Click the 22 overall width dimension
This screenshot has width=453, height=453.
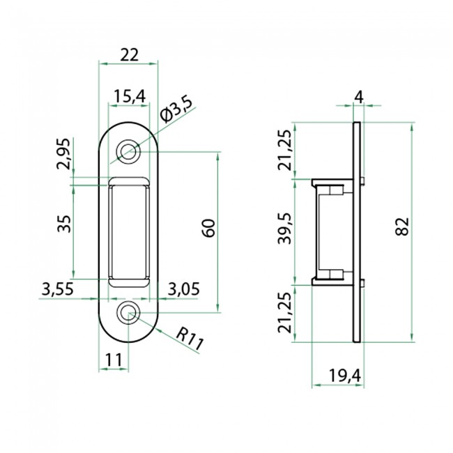[128, 54]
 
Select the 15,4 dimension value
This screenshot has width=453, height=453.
[128, 95]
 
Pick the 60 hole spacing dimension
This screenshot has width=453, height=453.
[208, 227]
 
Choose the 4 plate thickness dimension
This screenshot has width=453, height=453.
[358, 96]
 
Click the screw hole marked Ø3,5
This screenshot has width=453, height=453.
[128, 151]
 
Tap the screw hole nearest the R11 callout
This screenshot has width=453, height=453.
[128, 314]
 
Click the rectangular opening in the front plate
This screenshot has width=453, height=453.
[128, 232]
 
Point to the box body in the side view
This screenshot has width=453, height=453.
[332, 232]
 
